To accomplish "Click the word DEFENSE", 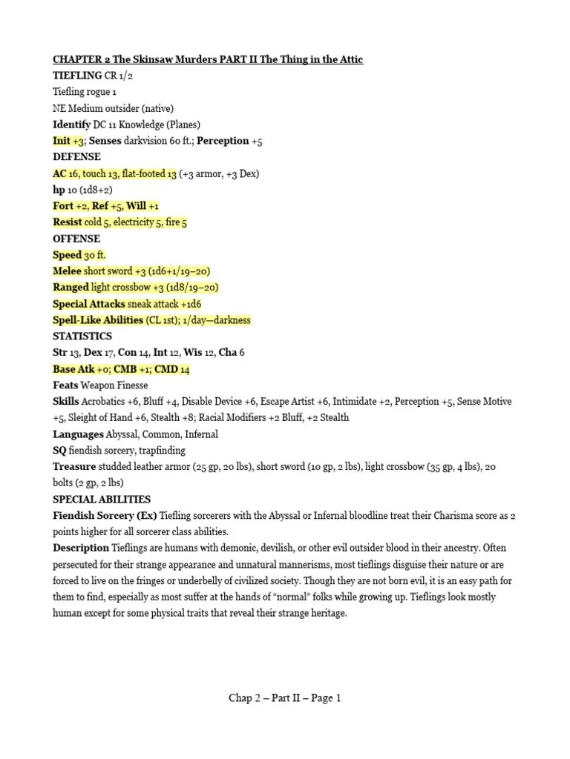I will pos(76,157).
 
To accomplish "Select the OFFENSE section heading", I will pos(76,239).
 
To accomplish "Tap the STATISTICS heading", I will pos(82,337).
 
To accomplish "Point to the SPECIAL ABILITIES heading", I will pos(102,500).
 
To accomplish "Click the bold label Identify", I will pos(72,125).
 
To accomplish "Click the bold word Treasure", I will pos(74,467).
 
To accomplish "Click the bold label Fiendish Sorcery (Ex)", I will pos(105,516).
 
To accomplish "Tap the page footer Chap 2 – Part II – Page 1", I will pos(285,697).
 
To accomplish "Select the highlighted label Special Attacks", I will pos(88,304).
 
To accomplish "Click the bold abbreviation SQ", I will pos(61,451).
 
